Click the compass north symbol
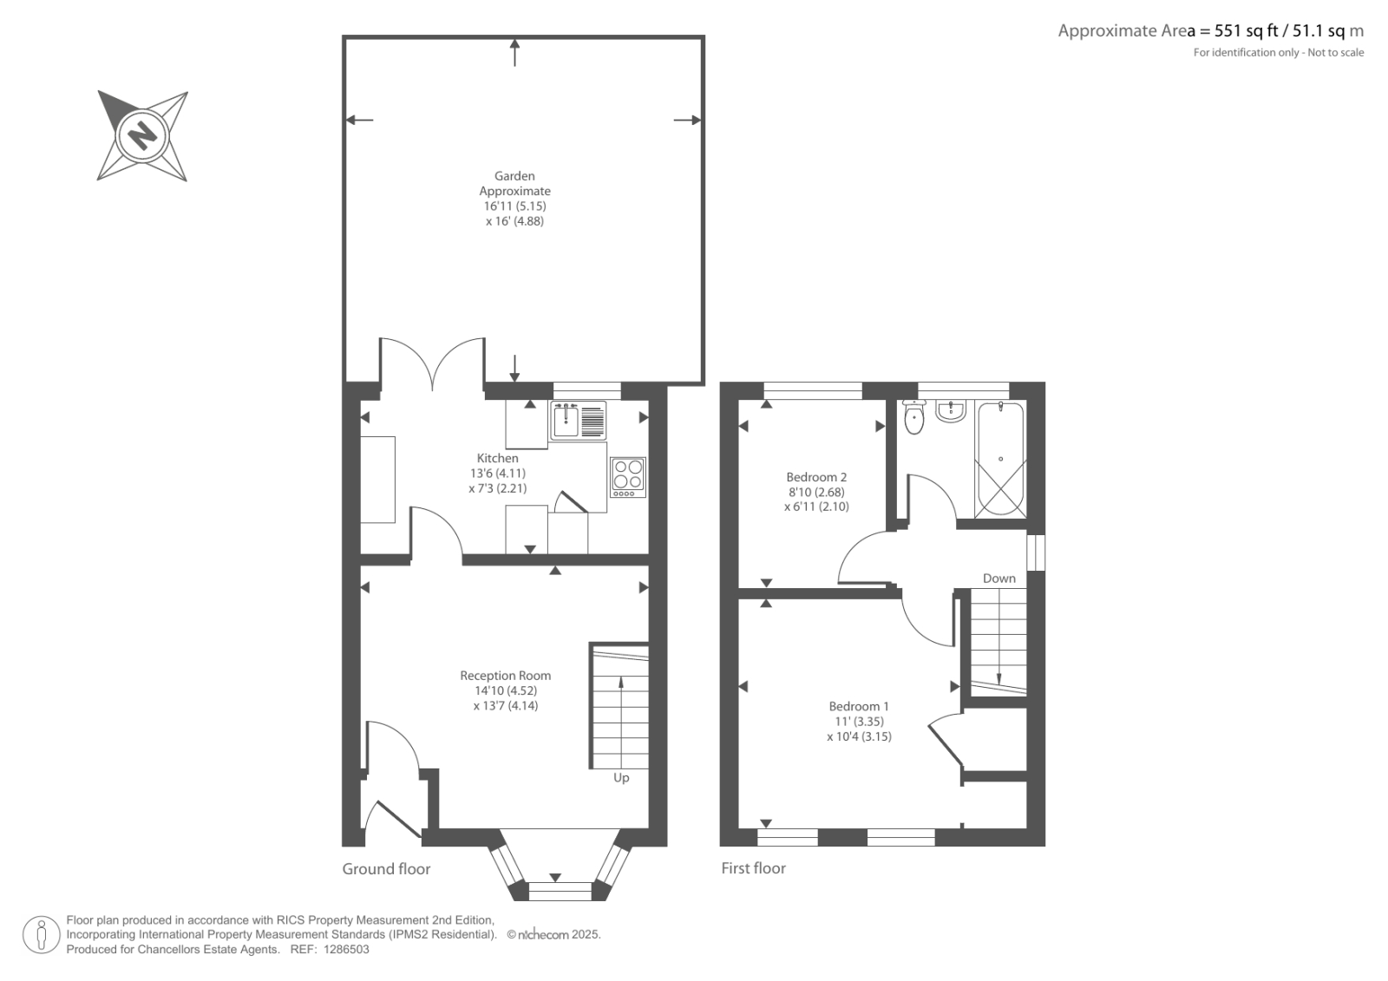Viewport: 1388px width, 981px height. point(142,135)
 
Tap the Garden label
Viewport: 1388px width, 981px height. point(514,176)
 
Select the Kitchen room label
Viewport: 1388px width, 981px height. point(498,458)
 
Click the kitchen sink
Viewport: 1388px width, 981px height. point(578,420)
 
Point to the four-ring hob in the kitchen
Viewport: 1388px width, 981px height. point(628,477)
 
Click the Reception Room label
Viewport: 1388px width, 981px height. point(505,676)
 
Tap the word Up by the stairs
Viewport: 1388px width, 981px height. point(621,778)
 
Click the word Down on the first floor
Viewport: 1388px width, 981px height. point(998,579)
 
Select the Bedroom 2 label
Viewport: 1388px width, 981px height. point(816,477)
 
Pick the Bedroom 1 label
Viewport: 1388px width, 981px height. point(859,706)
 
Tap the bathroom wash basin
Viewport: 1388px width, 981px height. point(950,411)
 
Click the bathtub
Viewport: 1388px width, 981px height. point(1000,459)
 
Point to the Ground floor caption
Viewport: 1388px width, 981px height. point(386,869)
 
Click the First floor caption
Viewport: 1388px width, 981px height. point(753,868)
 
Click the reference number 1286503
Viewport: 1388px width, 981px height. point(346,950)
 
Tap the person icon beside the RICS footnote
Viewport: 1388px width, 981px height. point(42,934)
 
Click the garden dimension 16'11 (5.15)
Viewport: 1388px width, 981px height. point(514,206)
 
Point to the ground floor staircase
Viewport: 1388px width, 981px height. point(619,706)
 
